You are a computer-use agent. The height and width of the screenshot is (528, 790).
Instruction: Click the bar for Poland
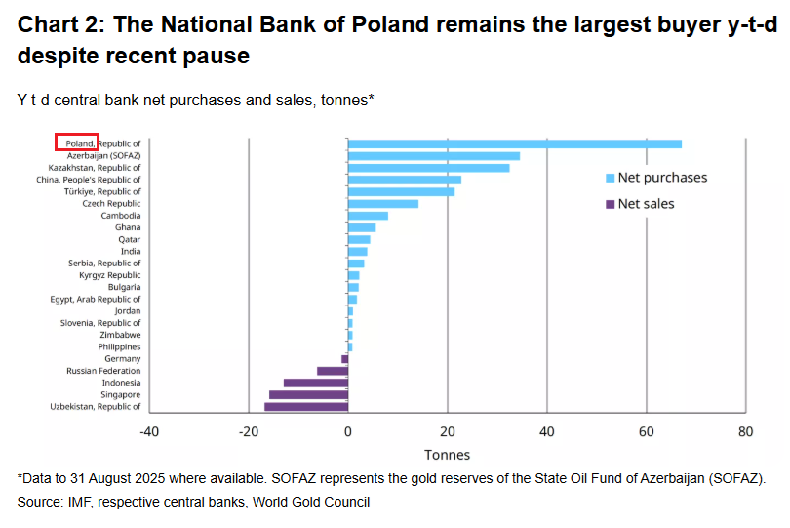(x=514, y=144)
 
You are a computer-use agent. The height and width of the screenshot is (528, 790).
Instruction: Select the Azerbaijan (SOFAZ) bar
(x=433, y=156)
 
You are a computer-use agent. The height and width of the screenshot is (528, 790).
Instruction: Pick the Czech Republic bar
(x=382, y=203)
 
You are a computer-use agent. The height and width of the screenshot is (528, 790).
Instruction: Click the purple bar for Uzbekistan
(x=305, y=406)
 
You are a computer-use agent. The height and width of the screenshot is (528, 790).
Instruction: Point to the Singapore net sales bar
(x=308, y=394)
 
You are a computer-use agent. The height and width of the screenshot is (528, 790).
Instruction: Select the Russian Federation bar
(x=332, y=371)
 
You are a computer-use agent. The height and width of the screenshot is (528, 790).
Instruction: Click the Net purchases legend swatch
(x=611, y=179)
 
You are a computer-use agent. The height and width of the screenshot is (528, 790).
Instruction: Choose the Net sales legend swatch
(x=611, y=204)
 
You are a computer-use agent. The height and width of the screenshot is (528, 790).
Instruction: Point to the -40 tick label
(x=148, y=431)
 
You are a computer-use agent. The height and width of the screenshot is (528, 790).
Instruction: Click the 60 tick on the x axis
(x=646, y=431)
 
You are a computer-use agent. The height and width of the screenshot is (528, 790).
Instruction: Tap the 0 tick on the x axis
(x=348, y=431)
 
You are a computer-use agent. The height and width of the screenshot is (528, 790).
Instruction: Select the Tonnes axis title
(x=447, y=455)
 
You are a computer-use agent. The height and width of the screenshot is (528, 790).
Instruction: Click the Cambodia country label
(x=121, y=215)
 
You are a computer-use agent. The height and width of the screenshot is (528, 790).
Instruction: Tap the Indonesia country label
(x=120, y=383)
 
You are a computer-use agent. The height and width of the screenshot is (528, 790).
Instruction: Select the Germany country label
(x=122, y=359)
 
